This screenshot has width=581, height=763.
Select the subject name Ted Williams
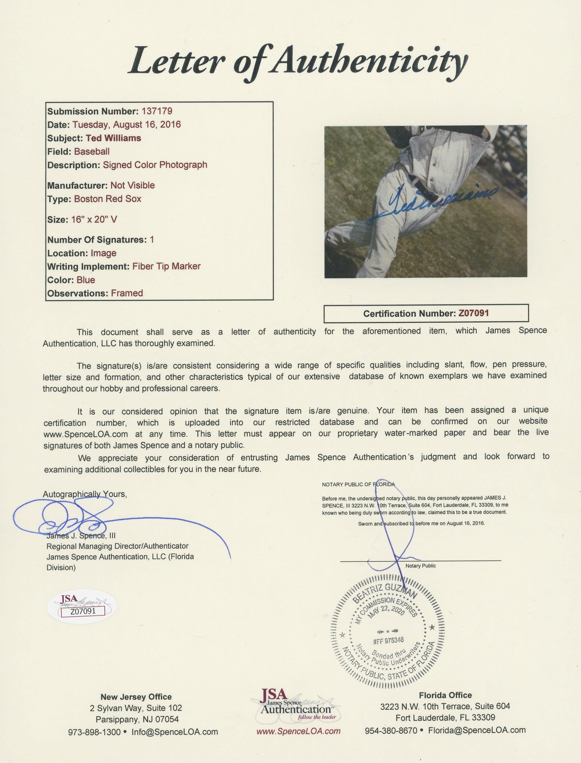tap(113, 138)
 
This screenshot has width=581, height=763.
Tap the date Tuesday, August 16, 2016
tap(126, 124)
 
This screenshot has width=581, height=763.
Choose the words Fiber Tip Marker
tap(166, 266)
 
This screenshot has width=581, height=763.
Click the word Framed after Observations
tap(127, 293)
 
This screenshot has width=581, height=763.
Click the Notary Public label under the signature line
tap(421, 566)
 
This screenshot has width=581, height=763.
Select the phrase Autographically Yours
tap(85, 494)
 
